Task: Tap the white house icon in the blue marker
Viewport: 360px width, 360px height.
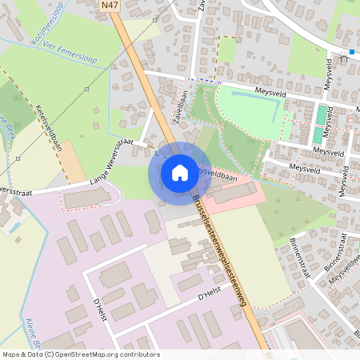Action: click(x=179, y=172)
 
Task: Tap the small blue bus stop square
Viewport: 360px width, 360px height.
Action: click(x=351, y=52)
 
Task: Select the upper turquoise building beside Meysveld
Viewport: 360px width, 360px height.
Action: click(x=321, y=114)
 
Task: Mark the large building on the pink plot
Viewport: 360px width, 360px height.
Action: click(x=234, y=192)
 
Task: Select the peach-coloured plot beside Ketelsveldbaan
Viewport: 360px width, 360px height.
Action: click(x=74, y=164)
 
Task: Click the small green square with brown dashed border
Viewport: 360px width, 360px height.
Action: click(x=226, y=50)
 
